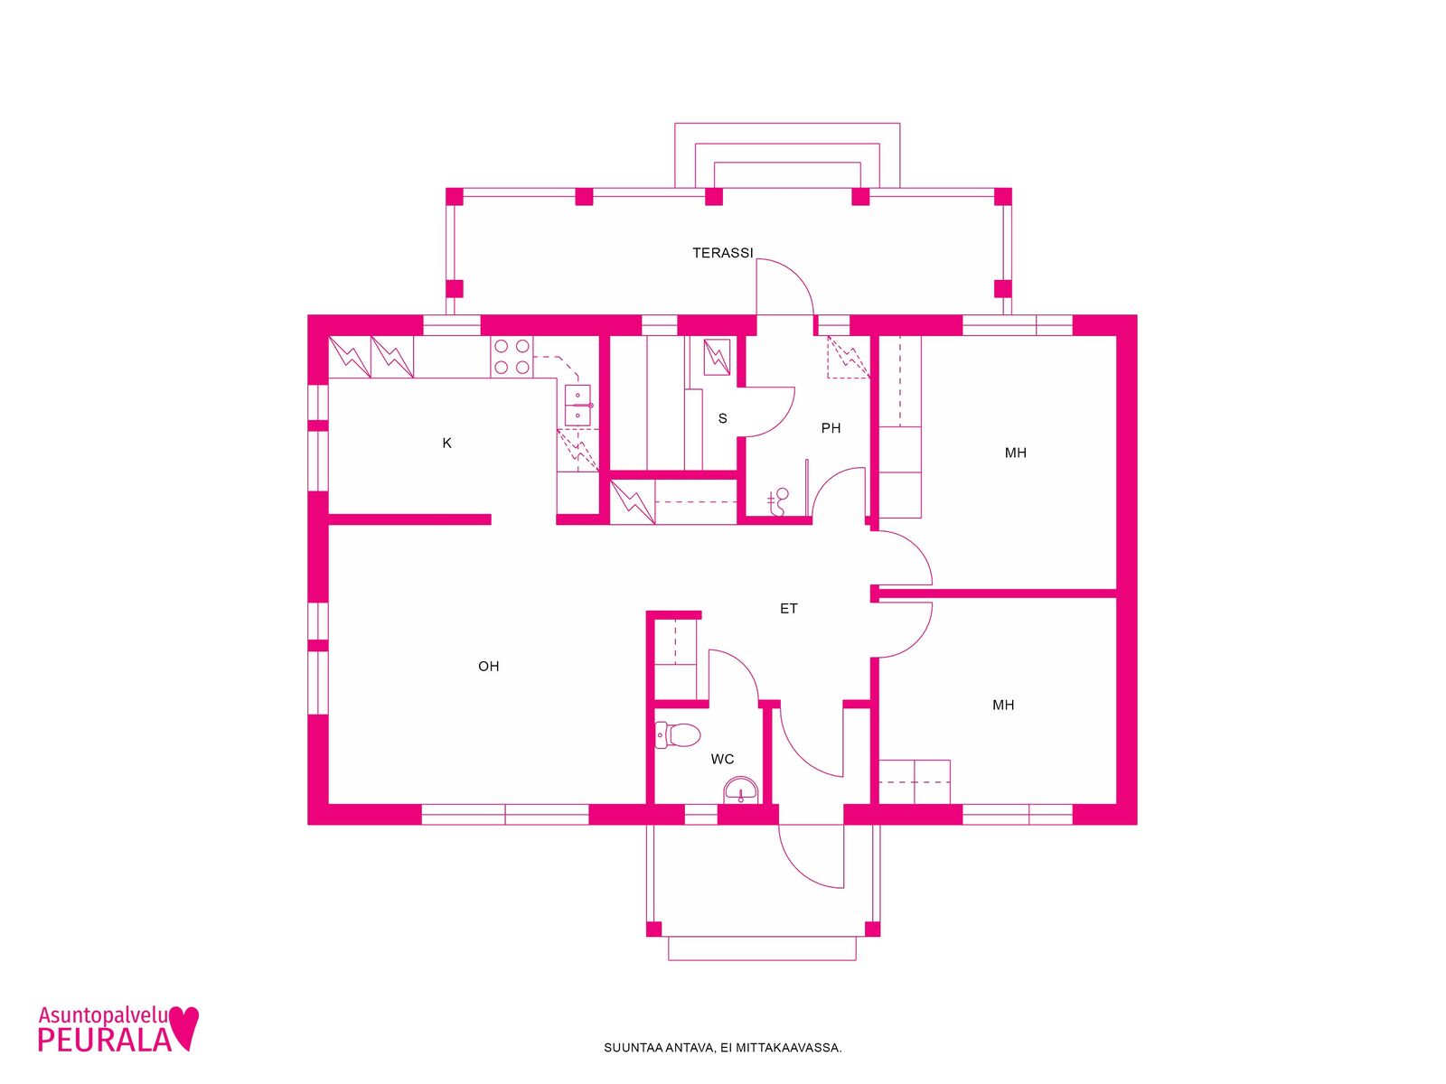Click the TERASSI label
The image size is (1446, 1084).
pos(722,253)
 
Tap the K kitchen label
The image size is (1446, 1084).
pos(446,444)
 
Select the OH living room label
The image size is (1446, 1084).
pos(488,667)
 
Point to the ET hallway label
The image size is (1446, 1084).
pos(789,609)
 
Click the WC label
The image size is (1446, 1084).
pos(722,760)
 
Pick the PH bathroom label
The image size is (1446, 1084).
pos(831,428)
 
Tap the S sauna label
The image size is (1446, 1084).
pos(723,418)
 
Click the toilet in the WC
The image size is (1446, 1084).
pos(677,736)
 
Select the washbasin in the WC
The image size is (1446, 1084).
pos(741,790)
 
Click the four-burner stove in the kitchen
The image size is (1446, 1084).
pos(512,357)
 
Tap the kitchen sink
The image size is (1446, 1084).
pos(577,406)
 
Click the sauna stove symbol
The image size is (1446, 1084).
pos(717,358)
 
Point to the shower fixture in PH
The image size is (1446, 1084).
pos(779,502)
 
